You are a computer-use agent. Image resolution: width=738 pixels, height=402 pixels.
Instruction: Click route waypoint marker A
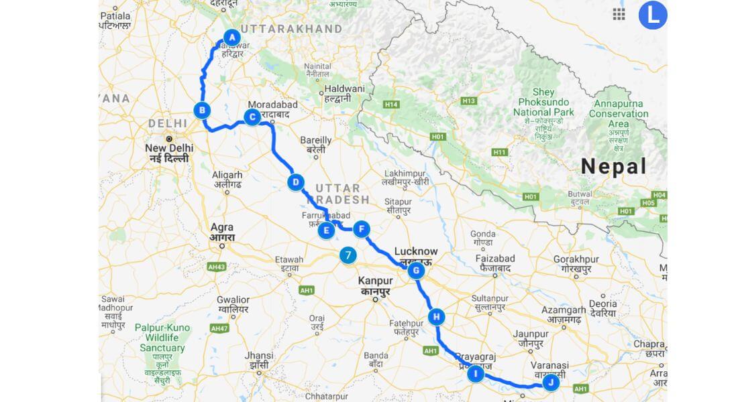coord(231,37)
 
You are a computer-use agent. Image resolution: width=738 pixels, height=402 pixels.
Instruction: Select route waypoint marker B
coord(202,110)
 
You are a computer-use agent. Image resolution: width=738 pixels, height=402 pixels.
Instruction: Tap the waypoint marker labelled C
coord(252,118)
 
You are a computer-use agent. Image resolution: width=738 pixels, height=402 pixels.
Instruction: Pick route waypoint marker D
coord(295,182)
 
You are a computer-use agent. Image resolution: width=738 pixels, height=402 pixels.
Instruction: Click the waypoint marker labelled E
coord(326,231)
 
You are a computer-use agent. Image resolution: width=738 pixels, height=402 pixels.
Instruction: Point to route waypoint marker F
coord(361,229)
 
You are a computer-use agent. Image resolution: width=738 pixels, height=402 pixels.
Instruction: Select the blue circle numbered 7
coord(348,255)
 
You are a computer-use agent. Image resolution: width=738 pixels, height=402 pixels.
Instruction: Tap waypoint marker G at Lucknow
coord(416,271)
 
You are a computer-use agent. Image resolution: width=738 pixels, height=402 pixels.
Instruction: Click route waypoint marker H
coord(437,317)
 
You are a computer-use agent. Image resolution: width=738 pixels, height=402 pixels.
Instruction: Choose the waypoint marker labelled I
coord(475,374)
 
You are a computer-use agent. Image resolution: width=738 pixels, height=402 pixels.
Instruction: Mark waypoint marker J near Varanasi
coord(551,383)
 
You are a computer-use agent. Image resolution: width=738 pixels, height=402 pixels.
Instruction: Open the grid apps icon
coord(619,15)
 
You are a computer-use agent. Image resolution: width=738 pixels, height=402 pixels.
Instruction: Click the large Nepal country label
coord(613,166)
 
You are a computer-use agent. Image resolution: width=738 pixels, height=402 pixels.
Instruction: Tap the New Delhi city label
coord(169,148)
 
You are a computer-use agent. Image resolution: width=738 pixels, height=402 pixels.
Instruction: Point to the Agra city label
coord(222,227)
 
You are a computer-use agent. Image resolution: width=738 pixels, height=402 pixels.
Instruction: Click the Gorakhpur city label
coord(576,259)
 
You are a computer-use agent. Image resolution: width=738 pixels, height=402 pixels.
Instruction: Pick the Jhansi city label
coord(260,355)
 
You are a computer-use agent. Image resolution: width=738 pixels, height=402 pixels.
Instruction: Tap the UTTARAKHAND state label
coord(291,29)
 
